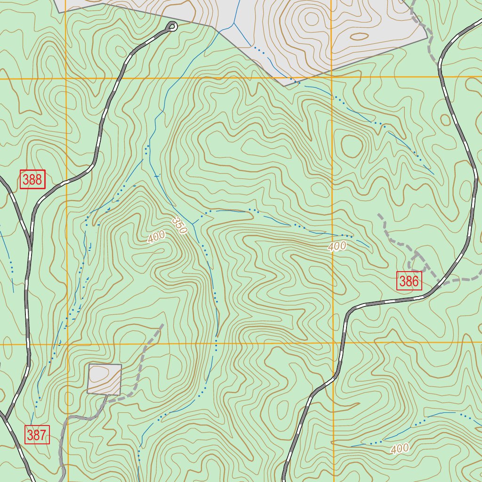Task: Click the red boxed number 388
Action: click(32, 179)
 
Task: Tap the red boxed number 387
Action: click(37, 435)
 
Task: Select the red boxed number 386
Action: click(409, 281)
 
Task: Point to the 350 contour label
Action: click(179, 225)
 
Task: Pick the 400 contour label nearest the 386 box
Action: click(337, 246)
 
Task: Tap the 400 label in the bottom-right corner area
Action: click(400, 449)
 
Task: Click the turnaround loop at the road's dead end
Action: click(172, 27)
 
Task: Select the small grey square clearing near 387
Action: click(104, 379)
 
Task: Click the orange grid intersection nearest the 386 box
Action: click(332, 344)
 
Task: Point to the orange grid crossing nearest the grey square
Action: click(67, 344)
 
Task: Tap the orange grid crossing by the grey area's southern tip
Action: click(332, 77)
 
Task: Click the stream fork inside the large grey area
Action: click(234, 22)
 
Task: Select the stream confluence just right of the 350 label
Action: click(193, 224)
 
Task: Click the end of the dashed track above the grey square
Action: click(162, 324)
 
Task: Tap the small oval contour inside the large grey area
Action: click(360, 36)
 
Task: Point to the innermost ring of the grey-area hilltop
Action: click(312, 19)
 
